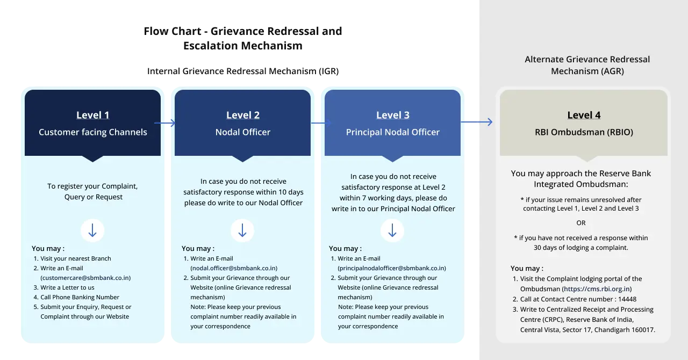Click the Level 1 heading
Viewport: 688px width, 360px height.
[92, 115]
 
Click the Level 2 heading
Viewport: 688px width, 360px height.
[242, 115]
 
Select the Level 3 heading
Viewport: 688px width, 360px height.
[392, 115]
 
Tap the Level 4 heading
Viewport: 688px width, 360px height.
[584, 115]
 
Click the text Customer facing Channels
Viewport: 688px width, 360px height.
[92, 132]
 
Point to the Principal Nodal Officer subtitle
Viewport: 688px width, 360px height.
[392, 132]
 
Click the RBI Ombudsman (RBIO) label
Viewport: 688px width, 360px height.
[584, 132]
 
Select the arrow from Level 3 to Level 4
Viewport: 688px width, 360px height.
[477, 123]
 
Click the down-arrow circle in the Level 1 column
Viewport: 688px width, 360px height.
[92, 231]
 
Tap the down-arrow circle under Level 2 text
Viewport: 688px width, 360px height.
[242, 231]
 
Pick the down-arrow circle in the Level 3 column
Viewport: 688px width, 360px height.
[392, 231]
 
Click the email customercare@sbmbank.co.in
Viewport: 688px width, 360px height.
[85, 278]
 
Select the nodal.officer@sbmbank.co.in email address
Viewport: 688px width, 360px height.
[234, 268]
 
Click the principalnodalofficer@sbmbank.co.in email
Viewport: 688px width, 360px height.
[391, 268]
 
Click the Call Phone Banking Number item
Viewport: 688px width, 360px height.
[80, 297]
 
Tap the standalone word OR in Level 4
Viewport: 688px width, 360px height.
[581, 223]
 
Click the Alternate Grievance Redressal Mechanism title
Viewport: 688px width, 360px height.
[587, 65]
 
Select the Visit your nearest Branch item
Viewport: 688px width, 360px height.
[75, 258]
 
